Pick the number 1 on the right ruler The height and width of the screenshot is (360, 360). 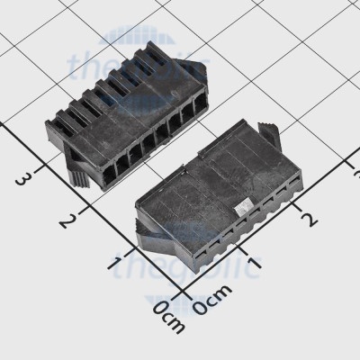(254, 264)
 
